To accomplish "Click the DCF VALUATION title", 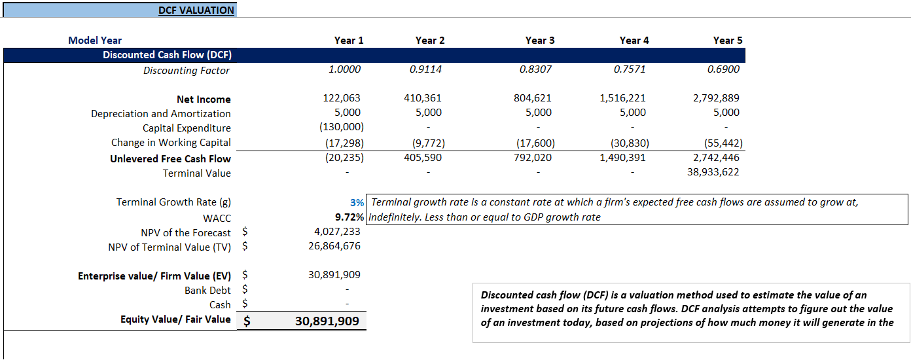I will coord(196,10).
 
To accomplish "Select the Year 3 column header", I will coord(539,41).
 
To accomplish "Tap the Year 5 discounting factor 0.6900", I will coord(723,69).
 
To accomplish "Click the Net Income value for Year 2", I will coord(423,98).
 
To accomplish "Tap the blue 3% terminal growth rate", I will coord(357,203).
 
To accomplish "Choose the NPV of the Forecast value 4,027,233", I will coord(338,232).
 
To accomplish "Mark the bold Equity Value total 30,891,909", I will coord(327,322).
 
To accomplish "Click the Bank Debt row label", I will coord(207,291).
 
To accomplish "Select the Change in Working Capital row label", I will coord(171,143).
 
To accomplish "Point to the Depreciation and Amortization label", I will coord(160,114).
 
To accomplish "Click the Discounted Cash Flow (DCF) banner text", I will coord(167,55).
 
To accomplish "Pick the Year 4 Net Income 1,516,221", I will coord(622,98).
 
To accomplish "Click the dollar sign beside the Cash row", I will coord(245,305).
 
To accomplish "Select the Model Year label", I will coord(95,41).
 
